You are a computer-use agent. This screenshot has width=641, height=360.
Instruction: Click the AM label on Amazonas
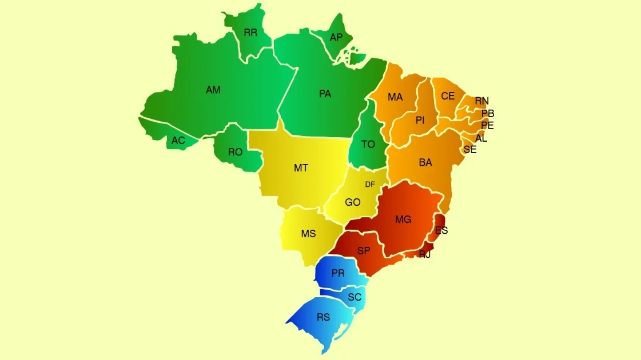pos(213,90)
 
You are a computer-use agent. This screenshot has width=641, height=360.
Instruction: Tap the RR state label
pos(250,33)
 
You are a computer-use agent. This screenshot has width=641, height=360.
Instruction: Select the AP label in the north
pos(336,37)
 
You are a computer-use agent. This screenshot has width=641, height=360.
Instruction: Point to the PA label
pos(325,94)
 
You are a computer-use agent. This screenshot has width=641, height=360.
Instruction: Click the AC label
pos(178,140)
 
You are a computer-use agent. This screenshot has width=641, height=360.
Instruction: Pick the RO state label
pos(235,152)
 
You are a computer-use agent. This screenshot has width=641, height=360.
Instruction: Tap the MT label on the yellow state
pos(301,168)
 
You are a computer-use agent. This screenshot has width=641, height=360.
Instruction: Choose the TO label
pos(368,145)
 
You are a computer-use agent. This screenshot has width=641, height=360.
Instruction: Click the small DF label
pos(370,184)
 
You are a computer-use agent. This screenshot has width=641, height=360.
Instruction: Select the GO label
pos(353,202)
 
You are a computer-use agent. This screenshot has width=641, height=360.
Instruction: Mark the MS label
pos(308,234)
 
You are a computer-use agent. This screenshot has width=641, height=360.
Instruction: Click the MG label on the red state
pos(403,219)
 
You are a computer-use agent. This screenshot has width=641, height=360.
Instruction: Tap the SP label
pos(364,251)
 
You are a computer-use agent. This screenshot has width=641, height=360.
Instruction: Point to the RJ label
pos(424,254)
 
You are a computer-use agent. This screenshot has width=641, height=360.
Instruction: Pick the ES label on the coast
pos(441,231)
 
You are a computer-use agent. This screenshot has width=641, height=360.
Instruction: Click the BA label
pos(425,163)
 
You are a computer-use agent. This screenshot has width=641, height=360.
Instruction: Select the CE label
pos(448,96)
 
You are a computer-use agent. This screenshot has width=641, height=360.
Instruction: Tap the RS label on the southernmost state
pos(323,317)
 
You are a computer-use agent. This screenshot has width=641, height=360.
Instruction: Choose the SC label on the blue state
pos(355,297)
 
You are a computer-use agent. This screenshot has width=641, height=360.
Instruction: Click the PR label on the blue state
pos(338,273)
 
